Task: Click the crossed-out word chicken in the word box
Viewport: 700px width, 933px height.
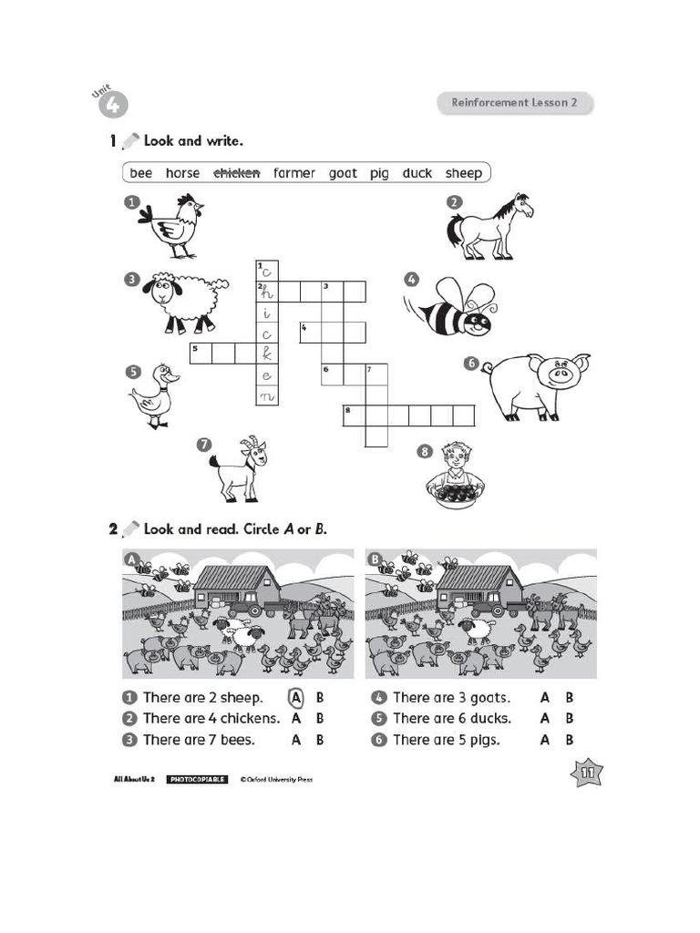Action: (x=236, y=173)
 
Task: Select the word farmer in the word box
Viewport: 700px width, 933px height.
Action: (x=293, y=173)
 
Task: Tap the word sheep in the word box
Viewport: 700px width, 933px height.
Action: (x=463, y=173)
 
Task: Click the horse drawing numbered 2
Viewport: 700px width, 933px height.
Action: (x=489, y=226)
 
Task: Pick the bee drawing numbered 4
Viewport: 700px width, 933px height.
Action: (x=453, y=307)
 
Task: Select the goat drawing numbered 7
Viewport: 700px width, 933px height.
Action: (x=239, y=468)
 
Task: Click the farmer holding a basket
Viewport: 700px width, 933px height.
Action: (x=455, y=474)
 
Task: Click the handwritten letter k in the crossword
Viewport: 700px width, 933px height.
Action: (x=266, y=353)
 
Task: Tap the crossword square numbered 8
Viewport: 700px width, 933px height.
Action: (x=355, y=415)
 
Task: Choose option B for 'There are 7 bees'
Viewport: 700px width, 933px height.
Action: (x=320, y=740)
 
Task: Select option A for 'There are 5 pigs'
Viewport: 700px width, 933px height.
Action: (x=545, y=740)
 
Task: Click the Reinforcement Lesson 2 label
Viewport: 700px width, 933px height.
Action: (x=514, y=103)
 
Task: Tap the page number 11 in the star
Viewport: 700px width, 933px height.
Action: (x=585, y=774)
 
